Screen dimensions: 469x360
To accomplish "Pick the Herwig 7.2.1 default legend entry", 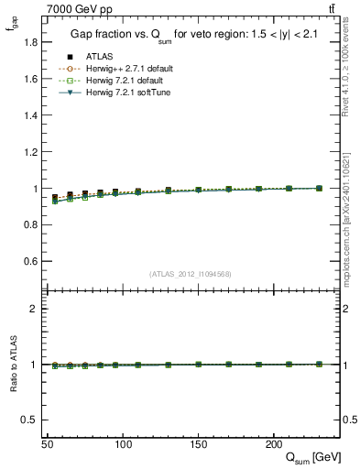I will coord(120,81).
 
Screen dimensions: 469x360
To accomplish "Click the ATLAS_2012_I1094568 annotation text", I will coord(191,274).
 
